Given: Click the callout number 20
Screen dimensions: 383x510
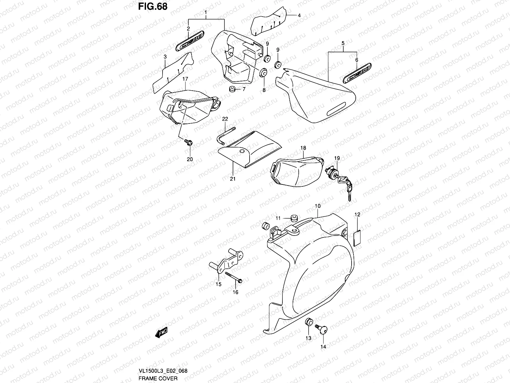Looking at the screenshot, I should [x=190, y=159].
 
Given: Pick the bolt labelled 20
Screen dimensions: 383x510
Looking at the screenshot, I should [x=188, y=142].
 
